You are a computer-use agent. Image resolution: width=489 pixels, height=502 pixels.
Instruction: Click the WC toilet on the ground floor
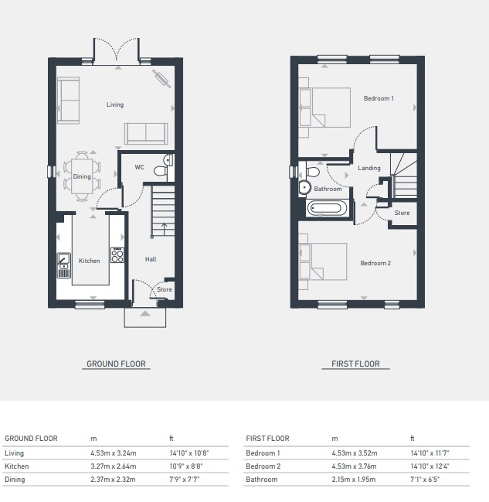tap(161, 171)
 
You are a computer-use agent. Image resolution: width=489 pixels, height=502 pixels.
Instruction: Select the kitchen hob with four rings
tap(117, 255)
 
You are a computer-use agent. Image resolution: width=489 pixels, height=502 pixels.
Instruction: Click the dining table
tap(82, 176)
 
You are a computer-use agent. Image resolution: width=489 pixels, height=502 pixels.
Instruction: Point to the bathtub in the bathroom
tap(327, 209)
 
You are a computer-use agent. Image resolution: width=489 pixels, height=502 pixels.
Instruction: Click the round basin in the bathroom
tap(304, 187)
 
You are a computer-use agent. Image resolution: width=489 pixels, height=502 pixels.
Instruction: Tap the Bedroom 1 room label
tap(379, 98)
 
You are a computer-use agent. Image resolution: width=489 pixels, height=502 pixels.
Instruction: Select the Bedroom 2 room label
tap(375, 263)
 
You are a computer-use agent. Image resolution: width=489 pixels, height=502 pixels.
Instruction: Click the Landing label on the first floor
tap(369, 168)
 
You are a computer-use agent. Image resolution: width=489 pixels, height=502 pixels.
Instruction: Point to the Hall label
tap(151, 259)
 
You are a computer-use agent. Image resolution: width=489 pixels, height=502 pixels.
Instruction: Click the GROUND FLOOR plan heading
tap(116, 364)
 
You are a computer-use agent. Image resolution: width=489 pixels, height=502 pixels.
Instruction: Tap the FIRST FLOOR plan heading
tap(355, 364)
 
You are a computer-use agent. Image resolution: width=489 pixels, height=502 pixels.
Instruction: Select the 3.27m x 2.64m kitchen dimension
tap(114, 466)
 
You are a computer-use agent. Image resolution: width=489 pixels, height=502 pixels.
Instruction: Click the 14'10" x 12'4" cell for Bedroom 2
tap(430, 466)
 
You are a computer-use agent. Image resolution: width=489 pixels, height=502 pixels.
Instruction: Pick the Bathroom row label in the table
tap(262, 480)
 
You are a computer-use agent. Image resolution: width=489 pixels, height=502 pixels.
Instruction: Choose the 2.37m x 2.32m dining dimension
tap(113, 480)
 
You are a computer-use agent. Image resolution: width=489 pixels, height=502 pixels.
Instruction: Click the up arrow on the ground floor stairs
tap(164, 229)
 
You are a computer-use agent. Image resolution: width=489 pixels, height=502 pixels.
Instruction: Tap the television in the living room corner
tap(161, 79)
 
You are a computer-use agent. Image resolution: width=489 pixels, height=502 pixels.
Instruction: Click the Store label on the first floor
tap(402, 213)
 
